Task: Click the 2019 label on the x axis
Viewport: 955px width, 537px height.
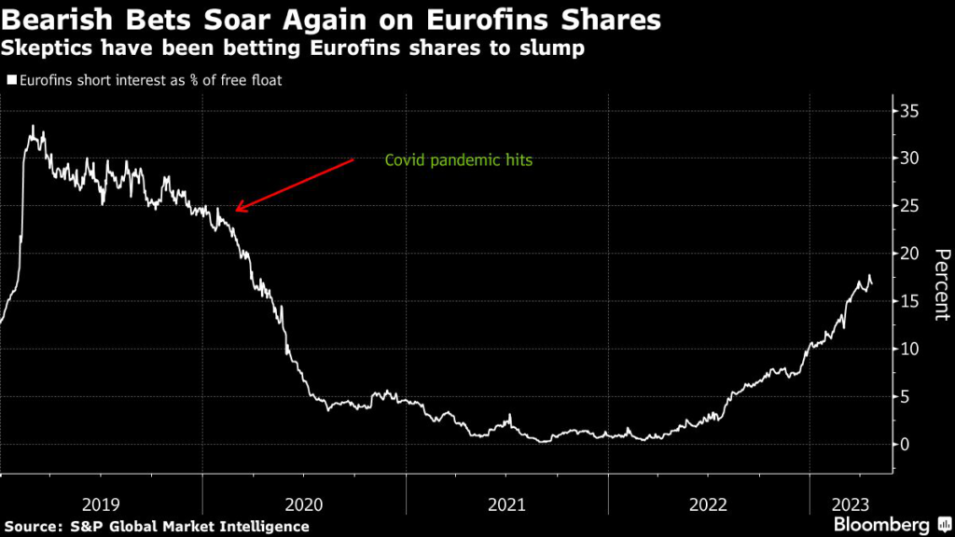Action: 101,504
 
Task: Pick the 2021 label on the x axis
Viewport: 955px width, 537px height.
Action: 506,504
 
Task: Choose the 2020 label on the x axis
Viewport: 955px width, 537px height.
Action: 303,504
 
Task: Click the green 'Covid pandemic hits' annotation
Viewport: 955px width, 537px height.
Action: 458,160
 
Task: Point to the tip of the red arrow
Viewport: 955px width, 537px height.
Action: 234,211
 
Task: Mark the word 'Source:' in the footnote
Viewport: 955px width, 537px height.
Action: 38,526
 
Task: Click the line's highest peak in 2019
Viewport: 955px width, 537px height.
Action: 34,126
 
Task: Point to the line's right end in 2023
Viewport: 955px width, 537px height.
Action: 872,284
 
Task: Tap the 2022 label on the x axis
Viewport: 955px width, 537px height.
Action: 709,504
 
